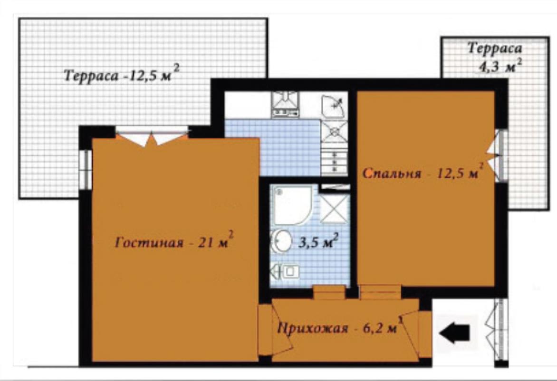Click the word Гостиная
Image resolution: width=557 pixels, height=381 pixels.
(149, 243)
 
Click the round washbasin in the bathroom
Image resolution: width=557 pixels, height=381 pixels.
(281, 241)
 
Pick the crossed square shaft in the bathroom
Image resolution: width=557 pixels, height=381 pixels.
(334, 209)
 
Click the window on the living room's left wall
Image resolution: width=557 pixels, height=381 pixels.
(86, 170)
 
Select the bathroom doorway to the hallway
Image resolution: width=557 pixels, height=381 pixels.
(329, 292)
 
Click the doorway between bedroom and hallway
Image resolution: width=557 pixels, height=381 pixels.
(380, 292)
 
